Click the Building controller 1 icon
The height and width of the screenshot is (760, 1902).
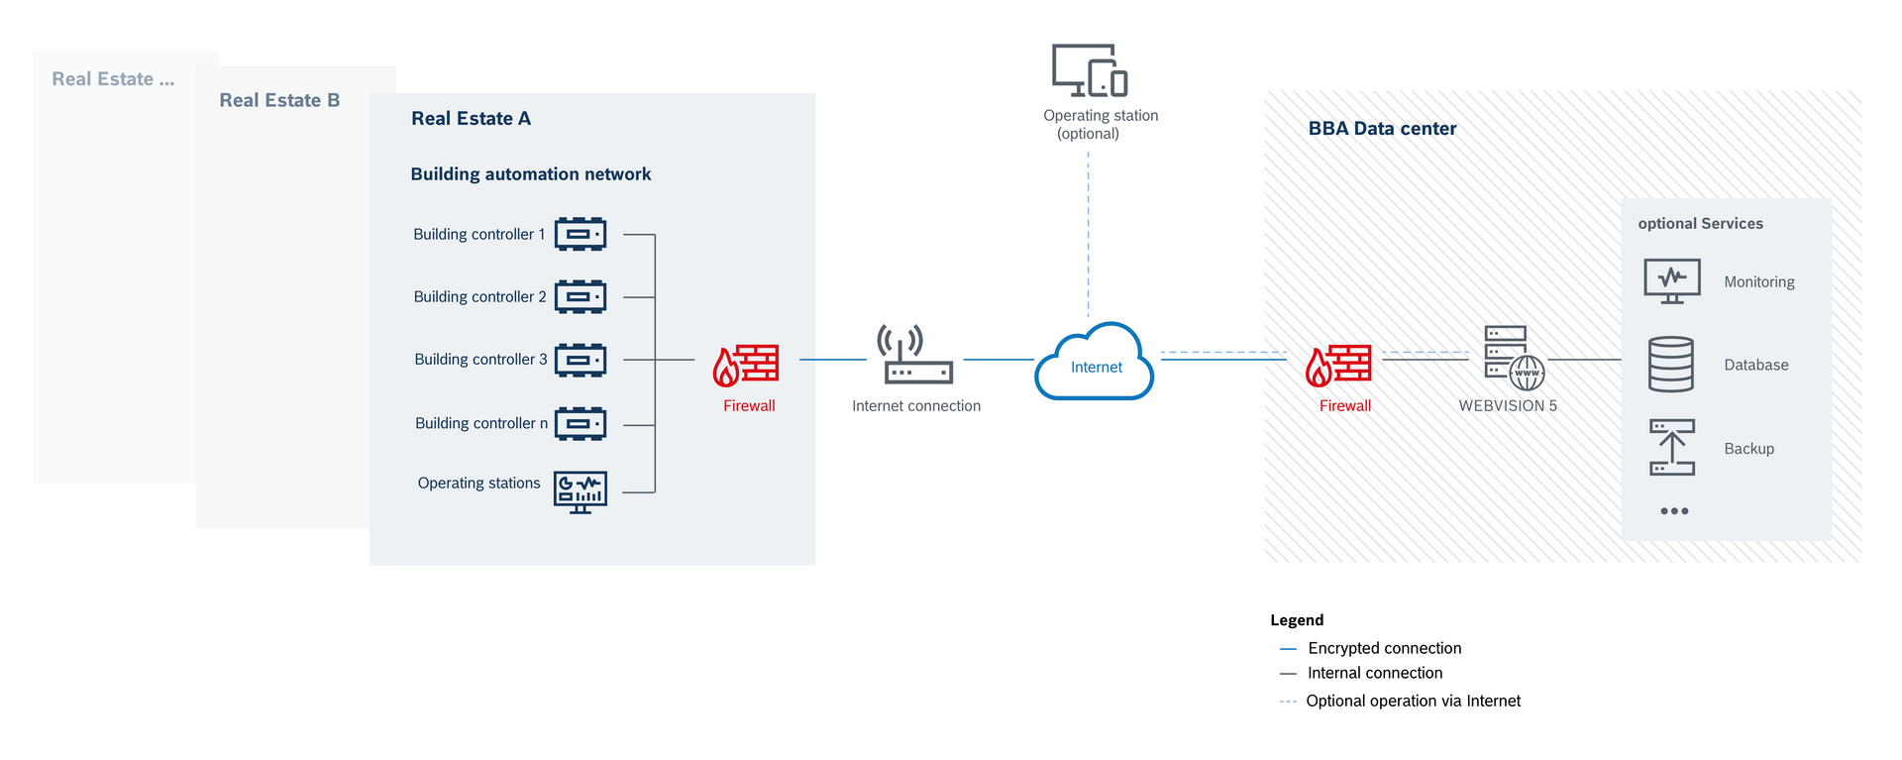[x=581, y=235]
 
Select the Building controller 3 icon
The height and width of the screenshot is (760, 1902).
[x=581, y=360]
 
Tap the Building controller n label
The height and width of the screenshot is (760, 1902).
[x=481, y=423]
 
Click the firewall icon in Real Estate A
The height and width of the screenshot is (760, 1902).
[x=746, y=365]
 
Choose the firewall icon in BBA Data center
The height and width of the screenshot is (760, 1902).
[x=1339, y=365]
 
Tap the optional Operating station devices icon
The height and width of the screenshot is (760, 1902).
[x=1090, y=70]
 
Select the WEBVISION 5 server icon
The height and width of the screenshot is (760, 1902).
[x=1514, y=358]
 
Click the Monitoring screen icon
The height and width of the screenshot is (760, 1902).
[x=1672, y=281]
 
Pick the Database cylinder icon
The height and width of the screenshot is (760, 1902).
[x=1671, y=365]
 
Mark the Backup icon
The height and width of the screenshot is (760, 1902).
[x=1672, y=447]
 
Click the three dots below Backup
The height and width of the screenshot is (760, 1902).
[x=1674, y=511]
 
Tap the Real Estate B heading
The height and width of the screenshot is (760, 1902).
[x=279, y=100]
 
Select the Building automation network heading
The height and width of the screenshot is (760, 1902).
[x=531, y=174]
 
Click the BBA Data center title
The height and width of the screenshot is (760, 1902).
[x=1382, y=129]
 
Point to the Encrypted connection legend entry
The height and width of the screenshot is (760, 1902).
[x=1384, y=648]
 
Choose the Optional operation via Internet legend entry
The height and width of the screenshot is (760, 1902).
[x=1413, y=701]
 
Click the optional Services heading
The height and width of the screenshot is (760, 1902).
[x=1700, y=224]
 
